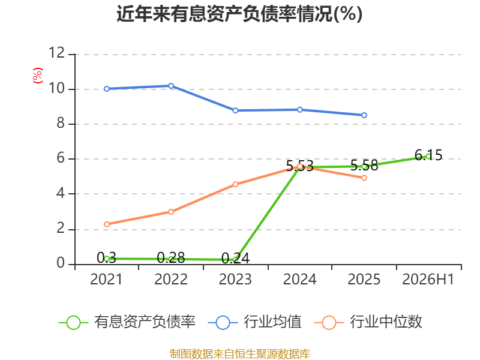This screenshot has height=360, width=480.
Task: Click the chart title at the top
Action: tap(239, 14)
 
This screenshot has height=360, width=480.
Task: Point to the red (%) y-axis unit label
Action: tap(38, 76)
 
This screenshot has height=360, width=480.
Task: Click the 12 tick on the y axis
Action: tap(57, 53)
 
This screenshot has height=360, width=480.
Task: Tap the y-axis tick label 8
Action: tap(61, 124)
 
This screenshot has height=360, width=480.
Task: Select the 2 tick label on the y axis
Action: tap(61, 229)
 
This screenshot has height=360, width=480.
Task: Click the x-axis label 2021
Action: tap(106, 280)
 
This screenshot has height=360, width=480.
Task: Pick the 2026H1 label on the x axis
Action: tap(428, 280)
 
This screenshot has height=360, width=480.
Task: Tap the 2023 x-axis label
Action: tap(235, 280)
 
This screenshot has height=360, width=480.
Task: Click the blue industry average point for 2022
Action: tap(171, 86)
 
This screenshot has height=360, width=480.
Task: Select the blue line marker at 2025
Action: tap(364, 115)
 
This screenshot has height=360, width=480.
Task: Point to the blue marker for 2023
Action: tap(235, 110)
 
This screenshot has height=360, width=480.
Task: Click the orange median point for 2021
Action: tap(107, 224)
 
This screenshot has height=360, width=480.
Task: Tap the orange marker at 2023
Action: tap(235, 184)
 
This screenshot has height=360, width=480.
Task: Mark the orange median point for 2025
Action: tap(364, 178)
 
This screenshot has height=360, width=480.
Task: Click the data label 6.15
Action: tap(428, 155)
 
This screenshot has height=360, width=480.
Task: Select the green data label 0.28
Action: tap(171, 258)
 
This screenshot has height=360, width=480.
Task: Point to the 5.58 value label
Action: tap(364, 166)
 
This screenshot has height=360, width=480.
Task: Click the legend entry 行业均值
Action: tap(254, 322)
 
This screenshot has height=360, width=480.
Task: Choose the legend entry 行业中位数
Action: tap(368, 322)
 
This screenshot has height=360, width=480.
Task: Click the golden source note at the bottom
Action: tap(240, 354)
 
